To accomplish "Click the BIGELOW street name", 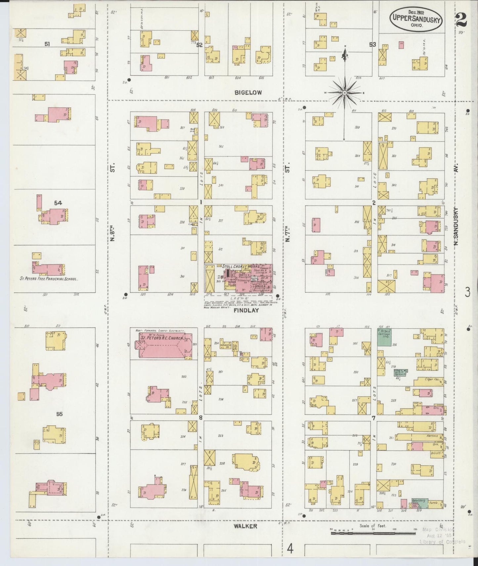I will (248, 93).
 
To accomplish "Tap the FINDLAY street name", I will (246, 311).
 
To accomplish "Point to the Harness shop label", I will (432, 436).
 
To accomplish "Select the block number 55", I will (59, 414).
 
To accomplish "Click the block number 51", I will (47, 44).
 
